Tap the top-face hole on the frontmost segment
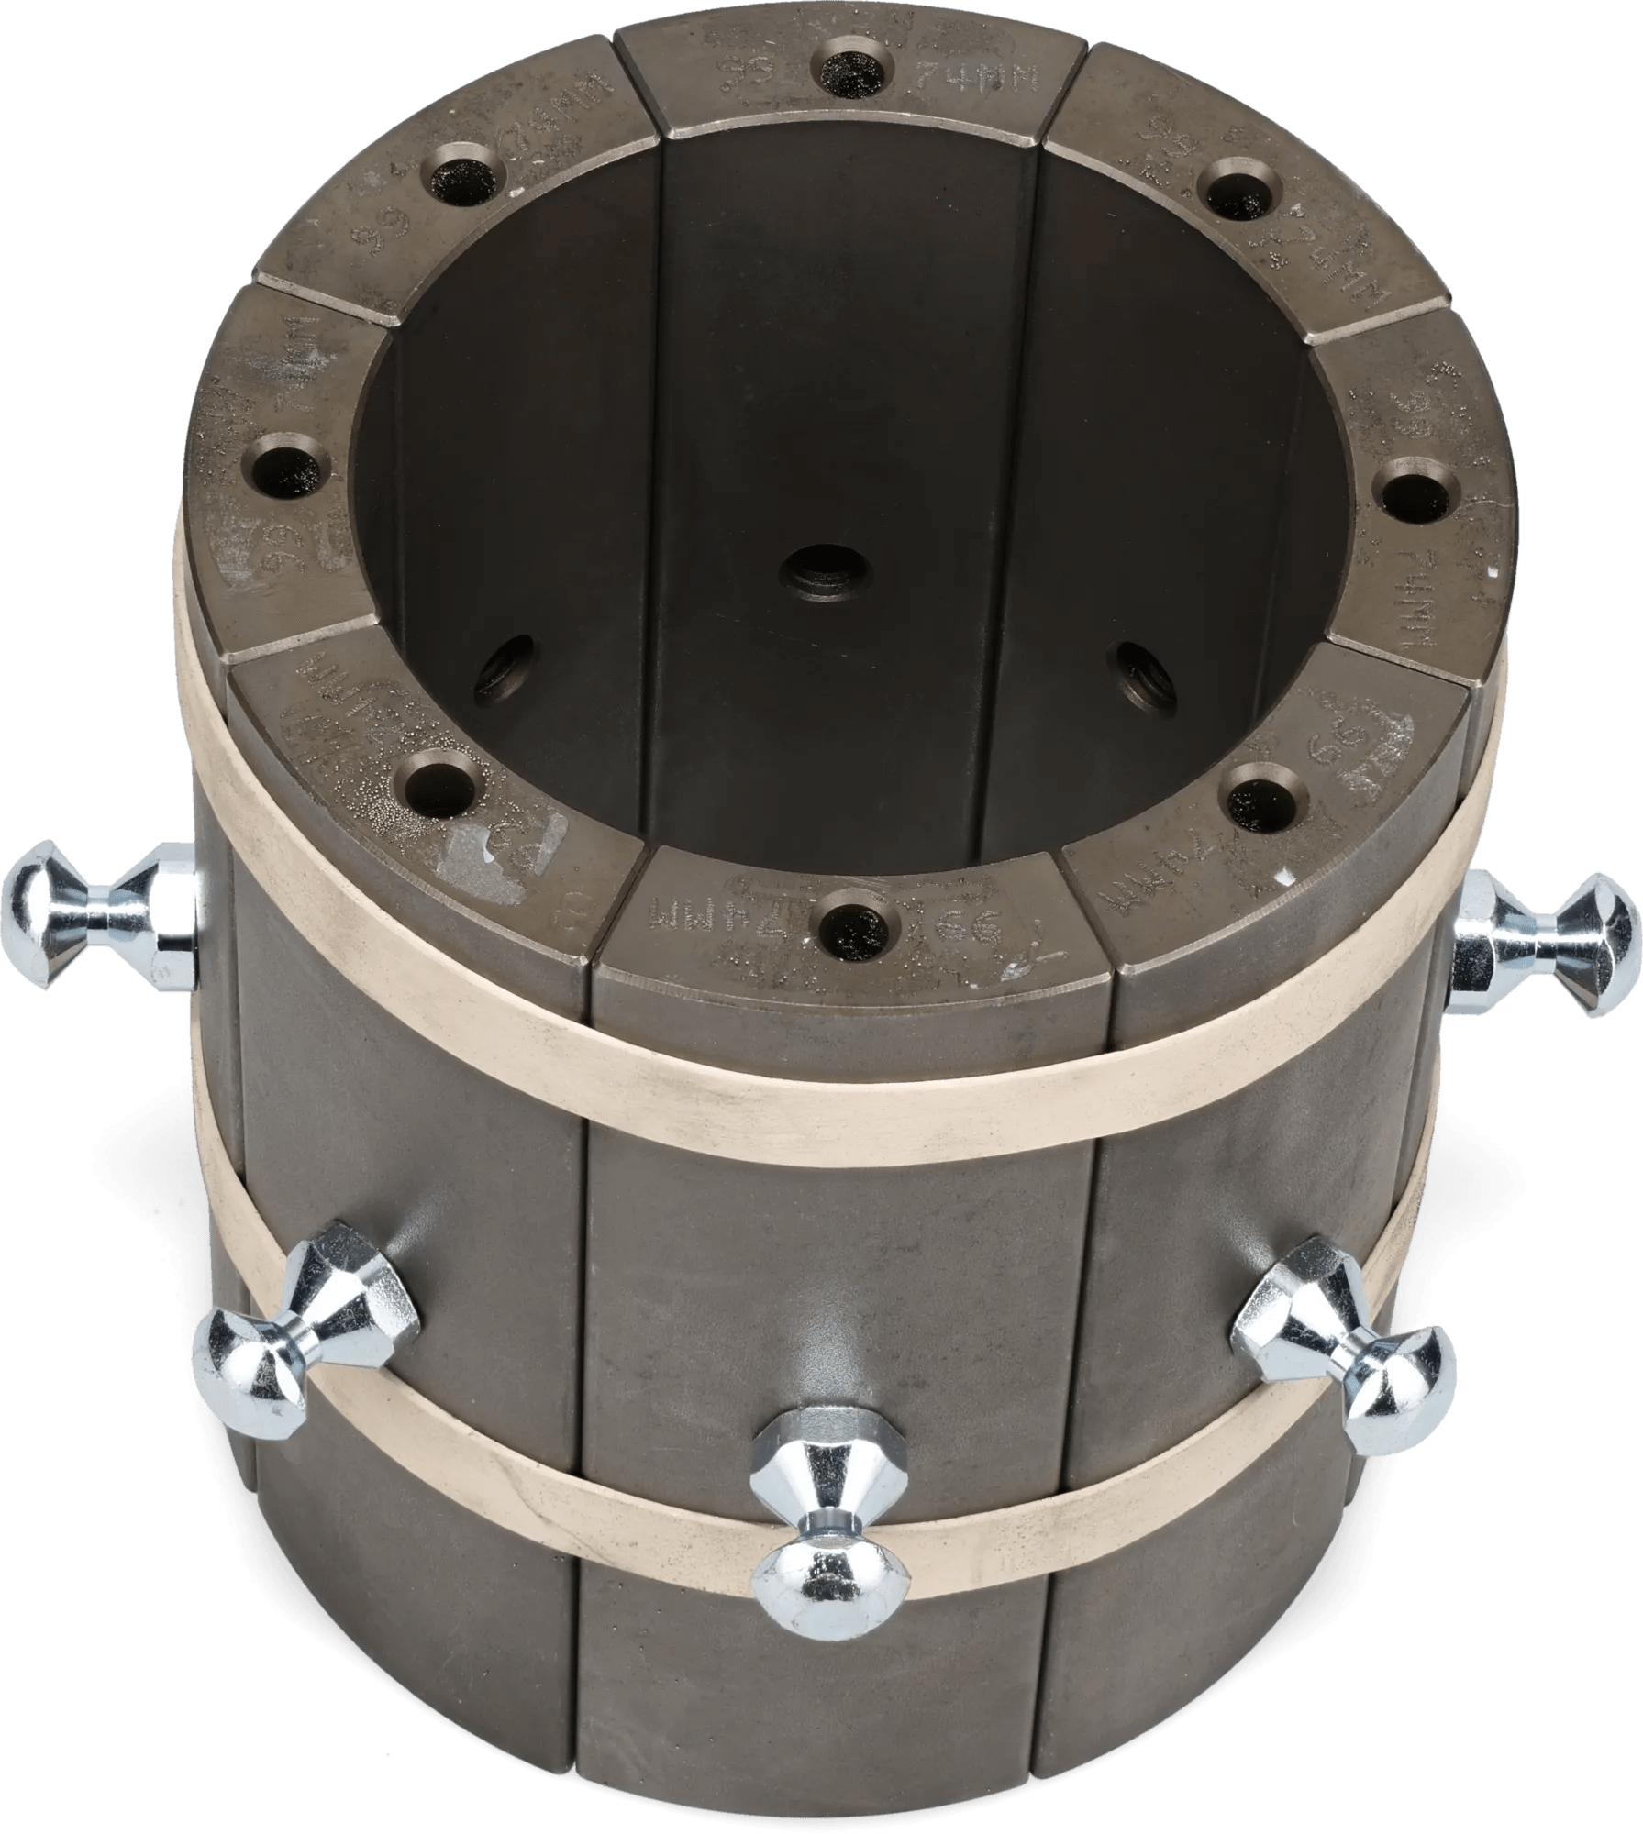[858, 918]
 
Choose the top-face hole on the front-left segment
[439, 779]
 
